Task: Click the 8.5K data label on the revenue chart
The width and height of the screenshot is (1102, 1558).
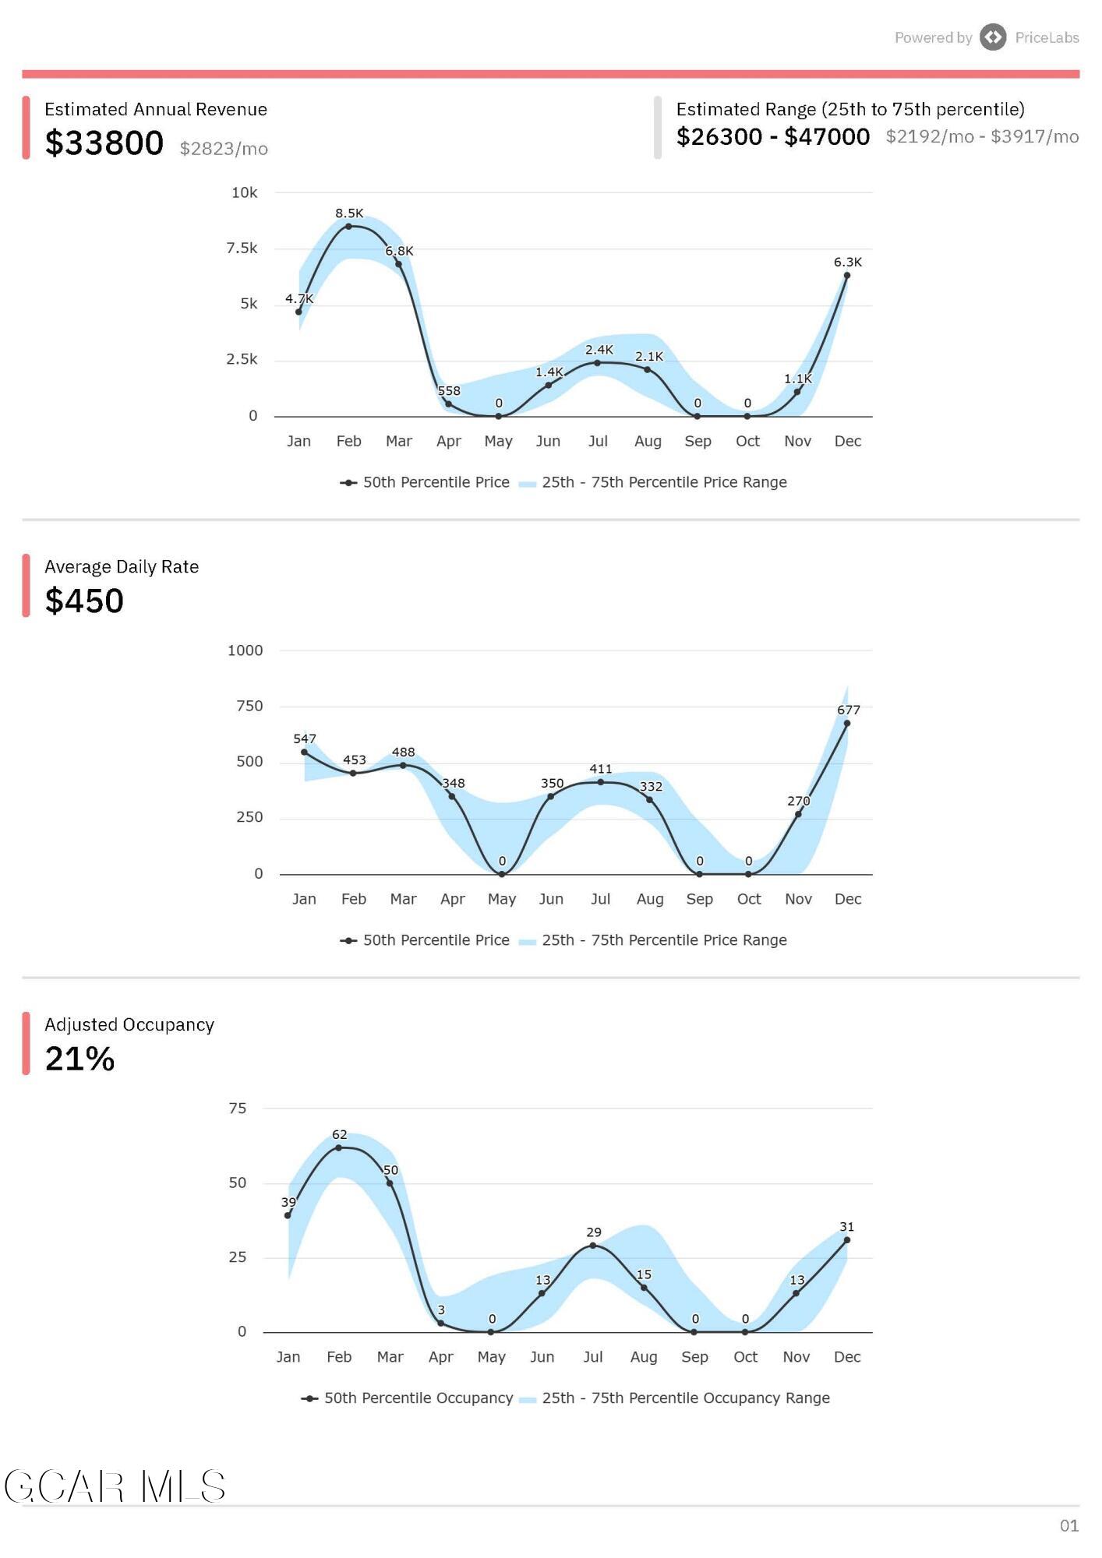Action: pyautogui.click(x=349, y=213)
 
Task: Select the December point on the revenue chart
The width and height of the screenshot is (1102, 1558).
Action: pyautogui.click(x=847, y=275)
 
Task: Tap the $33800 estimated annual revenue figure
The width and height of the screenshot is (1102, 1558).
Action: pyautogui.click(x=104, y=143)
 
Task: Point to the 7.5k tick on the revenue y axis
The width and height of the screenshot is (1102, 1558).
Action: pyautogui.click(x=242, y=249)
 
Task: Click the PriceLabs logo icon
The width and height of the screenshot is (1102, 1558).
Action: pyautogui.click(x=993, y=37)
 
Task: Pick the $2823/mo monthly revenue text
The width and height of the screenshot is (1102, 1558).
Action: pyautogui.click(x=224, y=149)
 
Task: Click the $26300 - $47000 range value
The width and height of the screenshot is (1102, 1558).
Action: pyautogui.click(x=772, y=137)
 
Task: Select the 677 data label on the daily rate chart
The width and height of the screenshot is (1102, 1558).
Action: pyautogui.click(x=849, y=710)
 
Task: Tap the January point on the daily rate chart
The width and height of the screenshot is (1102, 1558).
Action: pyautogui.click(x=304, y=752)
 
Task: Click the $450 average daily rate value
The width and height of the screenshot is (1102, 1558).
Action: pyautogui.click(x=84, y=601)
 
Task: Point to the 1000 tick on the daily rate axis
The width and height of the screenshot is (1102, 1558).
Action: pyautogui.click(x=245, y=650)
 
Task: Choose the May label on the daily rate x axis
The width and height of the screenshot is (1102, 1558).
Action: pyautogui.click(x=502, y=899)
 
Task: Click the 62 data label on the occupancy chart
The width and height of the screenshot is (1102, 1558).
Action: pyautogui.click(x=339, y=1135)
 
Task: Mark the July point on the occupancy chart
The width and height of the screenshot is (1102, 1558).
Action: pyautogui.click(x=593, y=1245)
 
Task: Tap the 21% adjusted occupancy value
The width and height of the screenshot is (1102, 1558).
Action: pyautogui.click(x=79, y=1059)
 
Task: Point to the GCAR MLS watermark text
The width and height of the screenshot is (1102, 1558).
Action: pyautogui.click(x=115, y=1487)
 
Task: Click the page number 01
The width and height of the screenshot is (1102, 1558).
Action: pyautogui.click(x=1068, y=1525)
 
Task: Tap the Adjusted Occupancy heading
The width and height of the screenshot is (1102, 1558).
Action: pyautogui.click(x=129, y=1024)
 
